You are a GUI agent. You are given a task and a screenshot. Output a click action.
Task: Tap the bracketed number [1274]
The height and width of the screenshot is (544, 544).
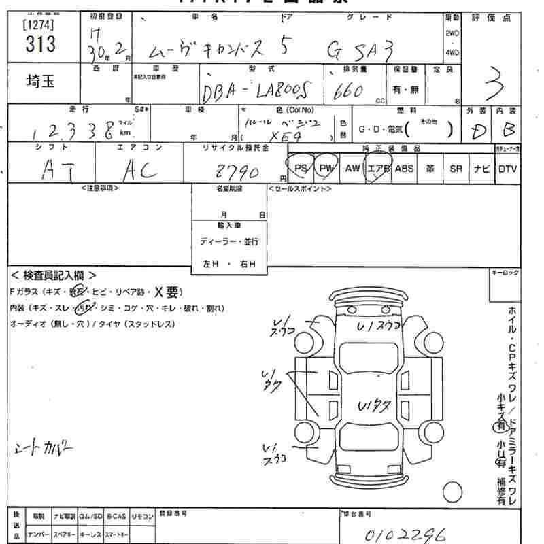pyautogui.click(x=39, y=25)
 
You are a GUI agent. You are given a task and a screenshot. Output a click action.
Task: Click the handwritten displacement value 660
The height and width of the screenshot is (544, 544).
pyautogui.click(x=348, y=91)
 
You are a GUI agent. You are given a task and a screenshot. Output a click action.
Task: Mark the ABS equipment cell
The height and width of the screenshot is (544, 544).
pyautogui.click(x=404, y=168)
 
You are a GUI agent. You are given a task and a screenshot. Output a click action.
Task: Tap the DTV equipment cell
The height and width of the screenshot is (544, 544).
pyautogui.click(x=507, y=168)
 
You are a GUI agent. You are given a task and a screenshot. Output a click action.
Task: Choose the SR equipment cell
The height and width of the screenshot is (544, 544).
pyautogui.click(x=456, y=168)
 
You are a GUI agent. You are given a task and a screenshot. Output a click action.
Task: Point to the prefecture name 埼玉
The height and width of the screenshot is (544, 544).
pyautogui.click(x=41, y=82)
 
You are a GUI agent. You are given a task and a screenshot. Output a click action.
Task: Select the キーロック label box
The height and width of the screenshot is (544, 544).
pyautogui.click(x=505, y=273)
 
